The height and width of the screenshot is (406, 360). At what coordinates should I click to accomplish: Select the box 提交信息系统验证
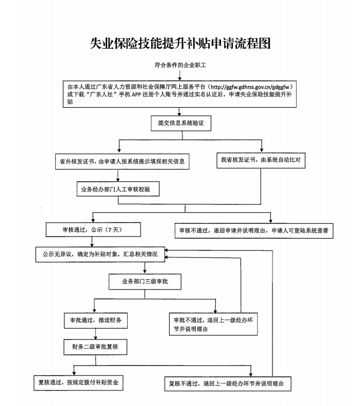point(180,123)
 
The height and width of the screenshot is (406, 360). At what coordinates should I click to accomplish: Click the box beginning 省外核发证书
point(123,160)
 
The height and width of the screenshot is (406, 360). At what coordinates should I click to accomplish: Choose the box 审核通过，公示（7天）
point(94,230)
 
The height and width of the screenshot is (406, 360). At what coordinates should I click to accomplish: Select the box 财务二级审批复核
point(95,347)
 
